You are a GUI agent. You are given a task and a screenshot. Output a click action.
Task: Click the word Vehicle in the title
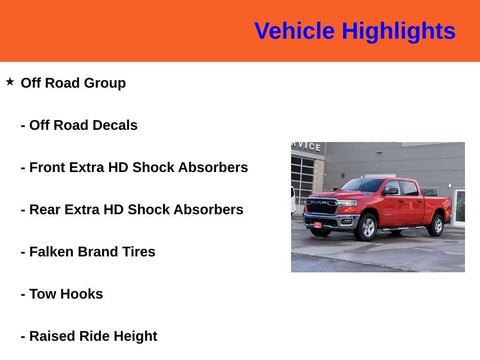tap(294, 31)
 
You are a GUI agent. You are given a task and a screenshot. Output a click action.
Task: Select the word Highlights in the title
tap(398, 31)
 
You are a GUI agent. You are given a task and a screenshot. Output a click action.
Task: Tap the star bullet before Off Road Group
tap(10, 82)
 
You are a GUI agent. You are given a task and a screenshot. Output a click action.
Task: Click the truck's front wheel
tap(367, 227)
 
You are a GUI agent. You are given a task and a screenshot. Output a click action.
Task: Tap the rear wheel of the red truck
tap(437, 225)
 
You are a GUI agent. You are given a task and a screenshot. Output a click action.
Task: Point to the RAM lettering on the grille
tap(318, 202)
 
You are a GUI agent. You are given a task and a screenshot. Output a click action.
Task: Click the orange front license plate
tap(317, 225)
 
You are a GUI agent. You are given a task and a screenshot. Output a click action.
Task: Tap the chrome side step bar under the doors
tap(403, 229)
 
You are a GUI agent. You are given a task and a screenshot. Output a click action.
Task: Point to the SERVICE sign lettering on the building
tap(307, 146)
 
